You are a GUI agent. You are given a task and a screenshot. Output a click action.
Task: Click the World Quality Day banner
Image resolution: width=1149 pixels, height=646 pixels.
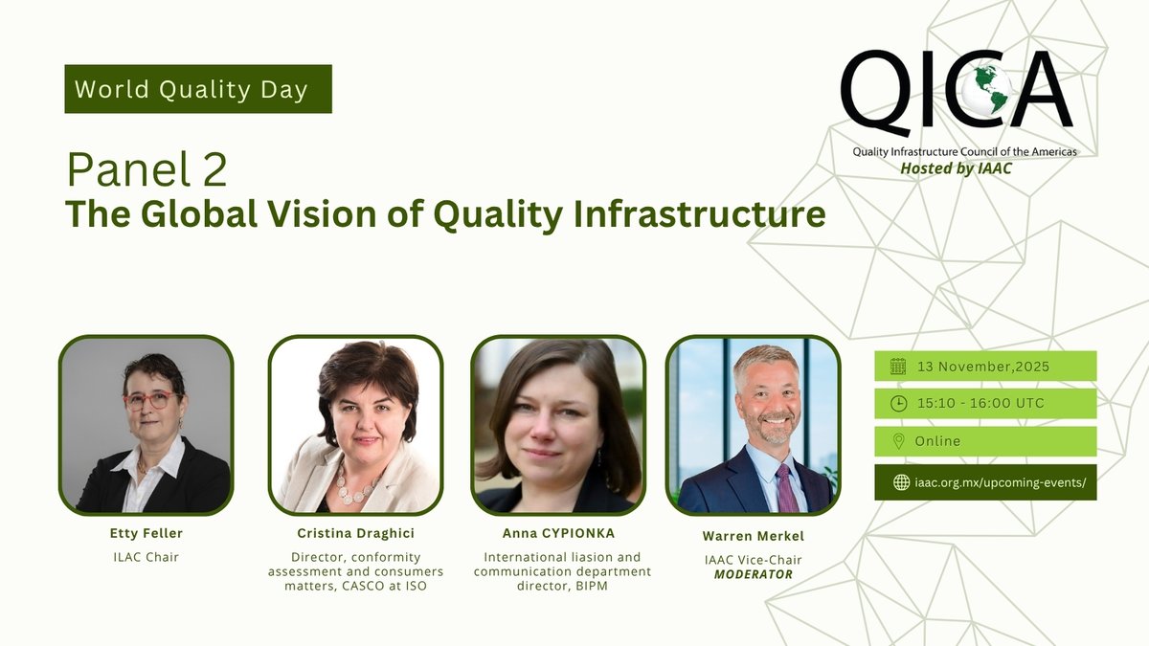pos(198,89)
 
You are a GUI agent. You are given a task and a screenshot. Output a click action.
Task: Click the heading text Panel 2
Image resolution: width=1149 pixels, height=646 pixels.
pos(146,170)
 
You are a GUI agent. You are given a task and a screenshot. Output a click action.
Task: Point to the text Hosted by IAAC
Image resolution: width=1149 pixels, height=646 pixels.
pos(956,168)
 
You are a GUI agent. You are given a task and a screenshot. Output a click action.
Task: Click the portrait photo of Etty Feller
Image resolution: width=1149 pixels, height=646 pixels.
pos(146,424)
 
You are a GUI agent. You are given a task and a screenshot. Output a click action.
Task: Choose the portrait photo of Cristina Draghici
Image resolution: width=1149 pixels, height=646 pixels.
pos(355,425)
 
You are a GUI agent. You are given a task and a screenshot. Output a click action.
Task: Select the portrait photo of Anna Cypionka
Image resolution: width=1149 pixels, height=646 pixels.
pos(558,425)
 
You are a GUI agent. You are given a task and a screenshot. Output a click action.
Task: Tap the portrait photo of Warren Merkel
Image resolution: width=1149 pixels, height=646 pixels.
pos(753,424)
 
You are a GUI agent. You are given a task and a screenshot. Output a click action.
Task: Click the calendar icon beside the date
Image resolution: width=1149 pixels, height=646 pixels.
pos(898,366)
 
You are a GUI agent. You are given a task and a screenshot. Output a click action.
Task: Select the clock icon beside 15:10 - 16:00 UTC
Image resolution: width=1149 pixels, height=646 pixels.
pos(898,403)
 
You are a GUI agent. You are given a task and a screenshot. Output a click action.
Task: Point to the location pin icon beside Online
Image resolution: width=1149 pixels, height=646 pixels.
pos(898,441)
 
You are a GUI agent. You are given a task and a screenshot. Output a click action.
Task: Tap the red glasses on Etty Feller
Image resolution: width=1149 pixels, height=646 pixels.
pos(150,399)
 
